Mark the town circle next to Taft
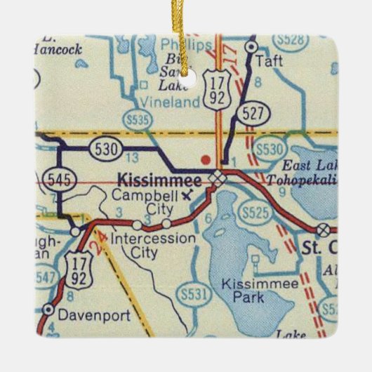pos(251,46)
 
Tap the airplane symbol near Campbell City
pos(186,195)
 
